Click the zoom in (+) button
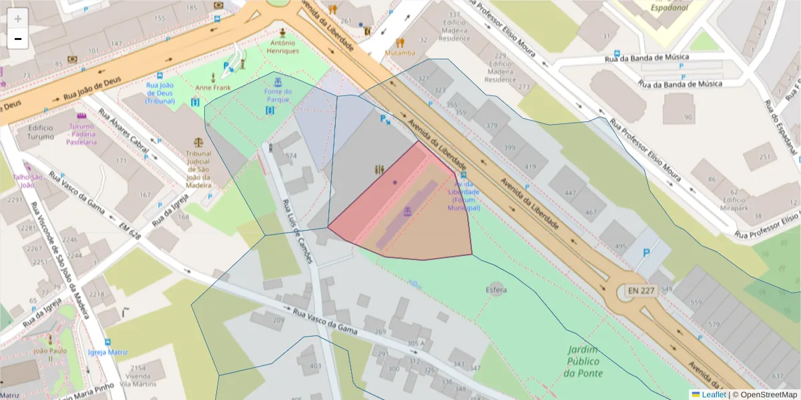[x=18, y=19]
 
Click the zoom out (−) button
[x=18, y=39]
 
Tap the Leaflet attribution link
[x=714, y=395]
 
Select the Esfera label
[x=496, y=290]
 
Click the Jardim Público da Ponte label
[x=583, y=361]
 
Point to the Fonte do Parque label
[x=278, y=95]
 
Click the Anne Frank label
[x=212, y=88]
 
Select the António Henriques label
[x=282, y=46]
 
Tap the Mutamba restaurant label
[x=400, y=53]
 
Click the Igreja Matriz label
[x=107, y=351]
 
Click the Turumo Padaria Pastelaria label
[x=81, y=133]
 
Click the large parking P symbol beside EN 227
[x=645, y=253]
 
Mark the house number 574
[x=290, y=156]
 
